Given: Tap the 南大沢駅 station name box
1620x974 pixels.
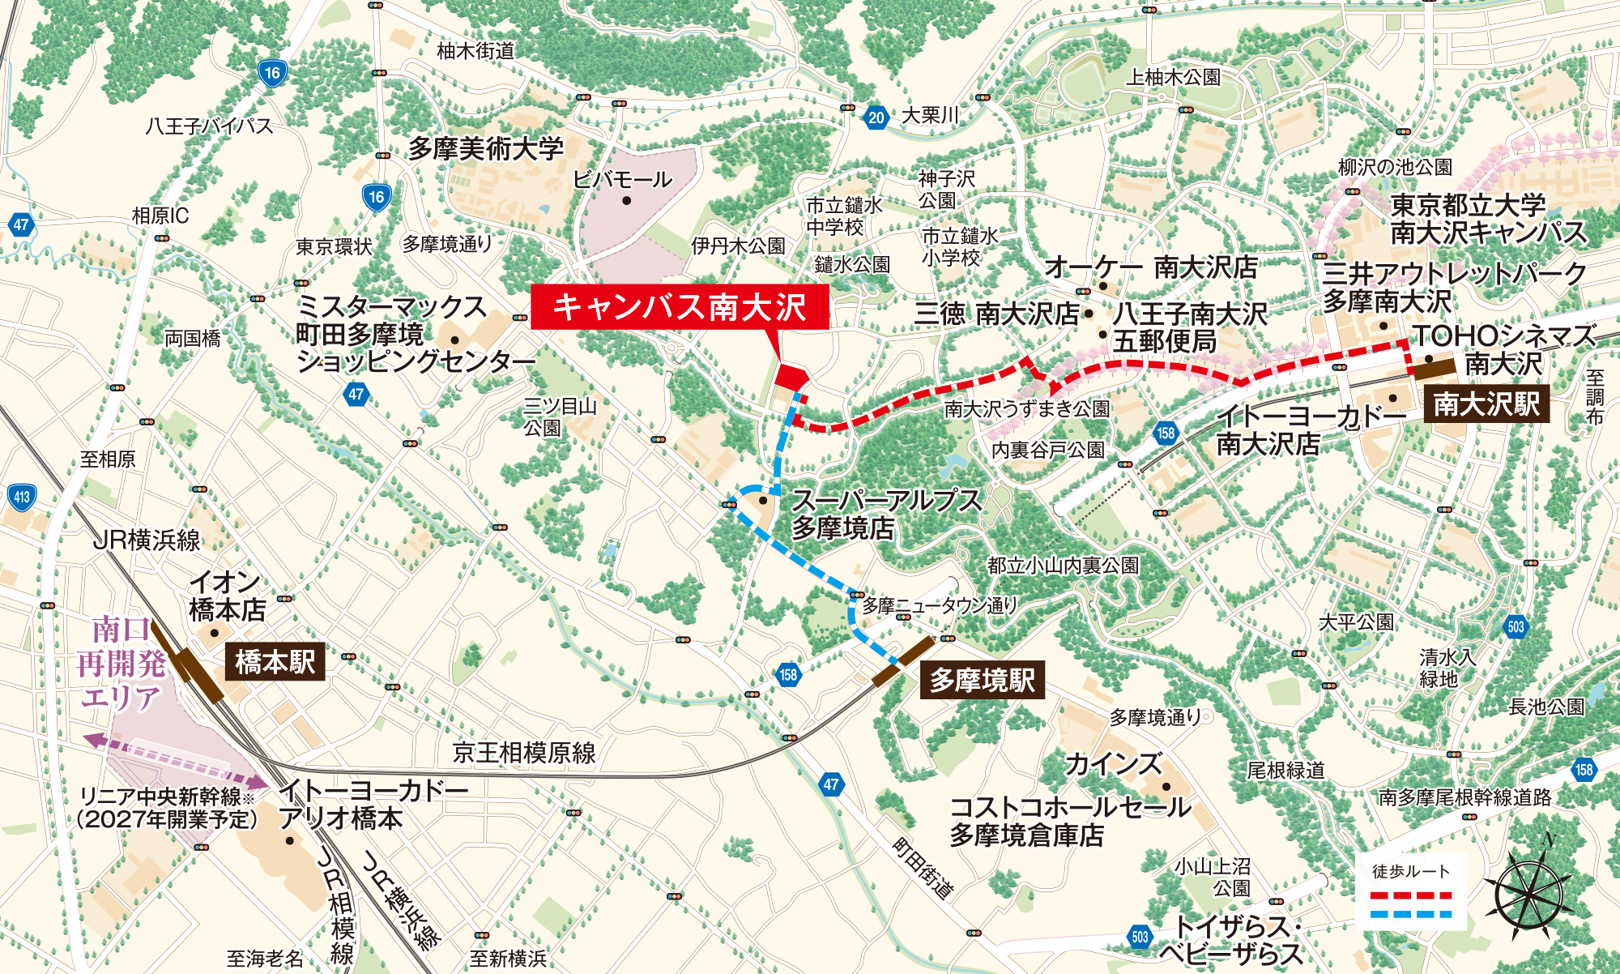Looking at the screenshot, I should [x=1486, y=404].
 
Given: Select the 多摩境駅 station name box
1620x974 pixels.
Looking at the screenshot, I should [x=982, y=681].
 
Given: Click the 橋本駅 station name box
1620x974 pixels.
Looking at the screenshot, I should [x=275, y=662].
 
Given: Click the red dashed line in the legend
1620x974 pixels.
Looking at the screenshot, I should [x=1411, y=897].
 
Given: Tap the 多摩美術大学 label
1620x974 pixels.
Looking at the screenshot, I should [x=485, y=148].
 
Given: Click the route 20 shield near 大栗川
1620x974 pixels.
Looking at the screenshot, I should [x=876, y=117].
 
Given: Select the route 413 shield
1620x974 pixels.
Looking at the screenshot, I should [x=22, y=498].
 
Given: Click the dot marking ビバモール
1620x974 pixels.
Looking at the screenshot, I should [x=625, y=200].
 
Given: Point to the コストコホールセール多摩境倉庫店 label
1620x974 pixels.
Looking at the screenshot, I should [x=1069, y=820].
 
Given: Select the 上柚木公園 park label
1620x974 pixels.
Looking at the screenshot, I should [x=1173, y=78].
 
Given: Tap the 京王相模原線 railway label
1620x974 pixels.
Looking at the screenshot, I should [x=524, y=753].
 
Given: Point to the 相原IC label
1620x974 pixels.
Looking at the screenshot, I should [x=160, y=216].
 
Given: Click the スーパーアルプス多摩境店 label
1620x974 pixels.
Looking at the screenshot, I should [x=885, y=514].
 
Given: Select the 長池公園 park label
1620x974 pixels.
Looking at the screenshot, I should [x=1545, y=707].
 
